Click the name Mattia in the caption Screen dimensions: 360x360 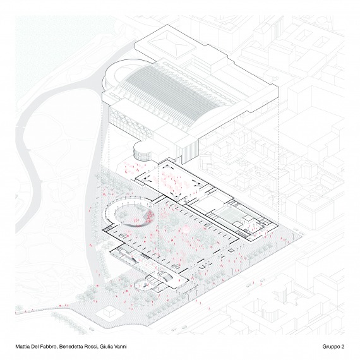pyautogui.click(x=21, y=347)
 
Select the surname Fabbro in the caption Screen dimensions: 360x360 pyautogui.click(x=49, y=347)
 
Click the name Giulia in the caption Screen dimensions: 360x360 pyautogui.click(x=105, y=347)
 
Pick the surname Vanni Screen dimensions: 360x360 pyautogui.click(x=120, y=347)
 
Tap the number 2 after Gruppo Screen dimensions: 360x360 pyautogui.click(x=343, y=347)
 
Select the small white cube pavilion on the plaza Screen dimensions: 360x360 pyautogui.click(x=109, y=312)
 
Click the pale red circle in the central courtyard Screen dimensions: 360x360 pyautogui.click(x=186, y=230)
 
